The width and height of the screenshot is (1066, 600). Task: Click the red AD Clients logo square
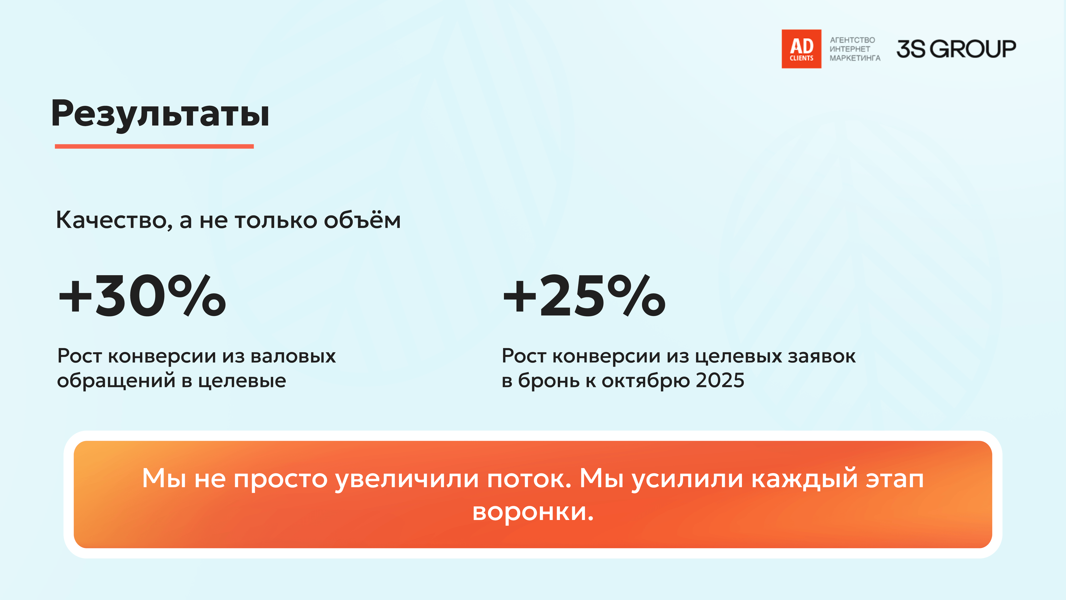tap(801, 49)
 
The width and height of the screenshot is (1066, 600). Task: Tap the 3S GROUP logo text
tap(956, 49)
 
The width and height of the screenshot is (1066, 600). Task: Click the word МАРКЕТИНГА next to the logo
tap(855, 58)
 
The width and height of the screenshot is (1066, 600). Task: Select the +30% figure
tap(142, 296)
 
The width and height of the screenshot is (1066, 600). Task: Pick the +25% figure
tap(584, 296)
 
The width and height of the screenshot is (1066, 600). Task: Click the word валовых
tap(293, 356)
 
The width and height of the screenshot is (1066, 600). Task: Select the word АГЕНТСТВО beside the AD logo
tap(852, 40)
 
